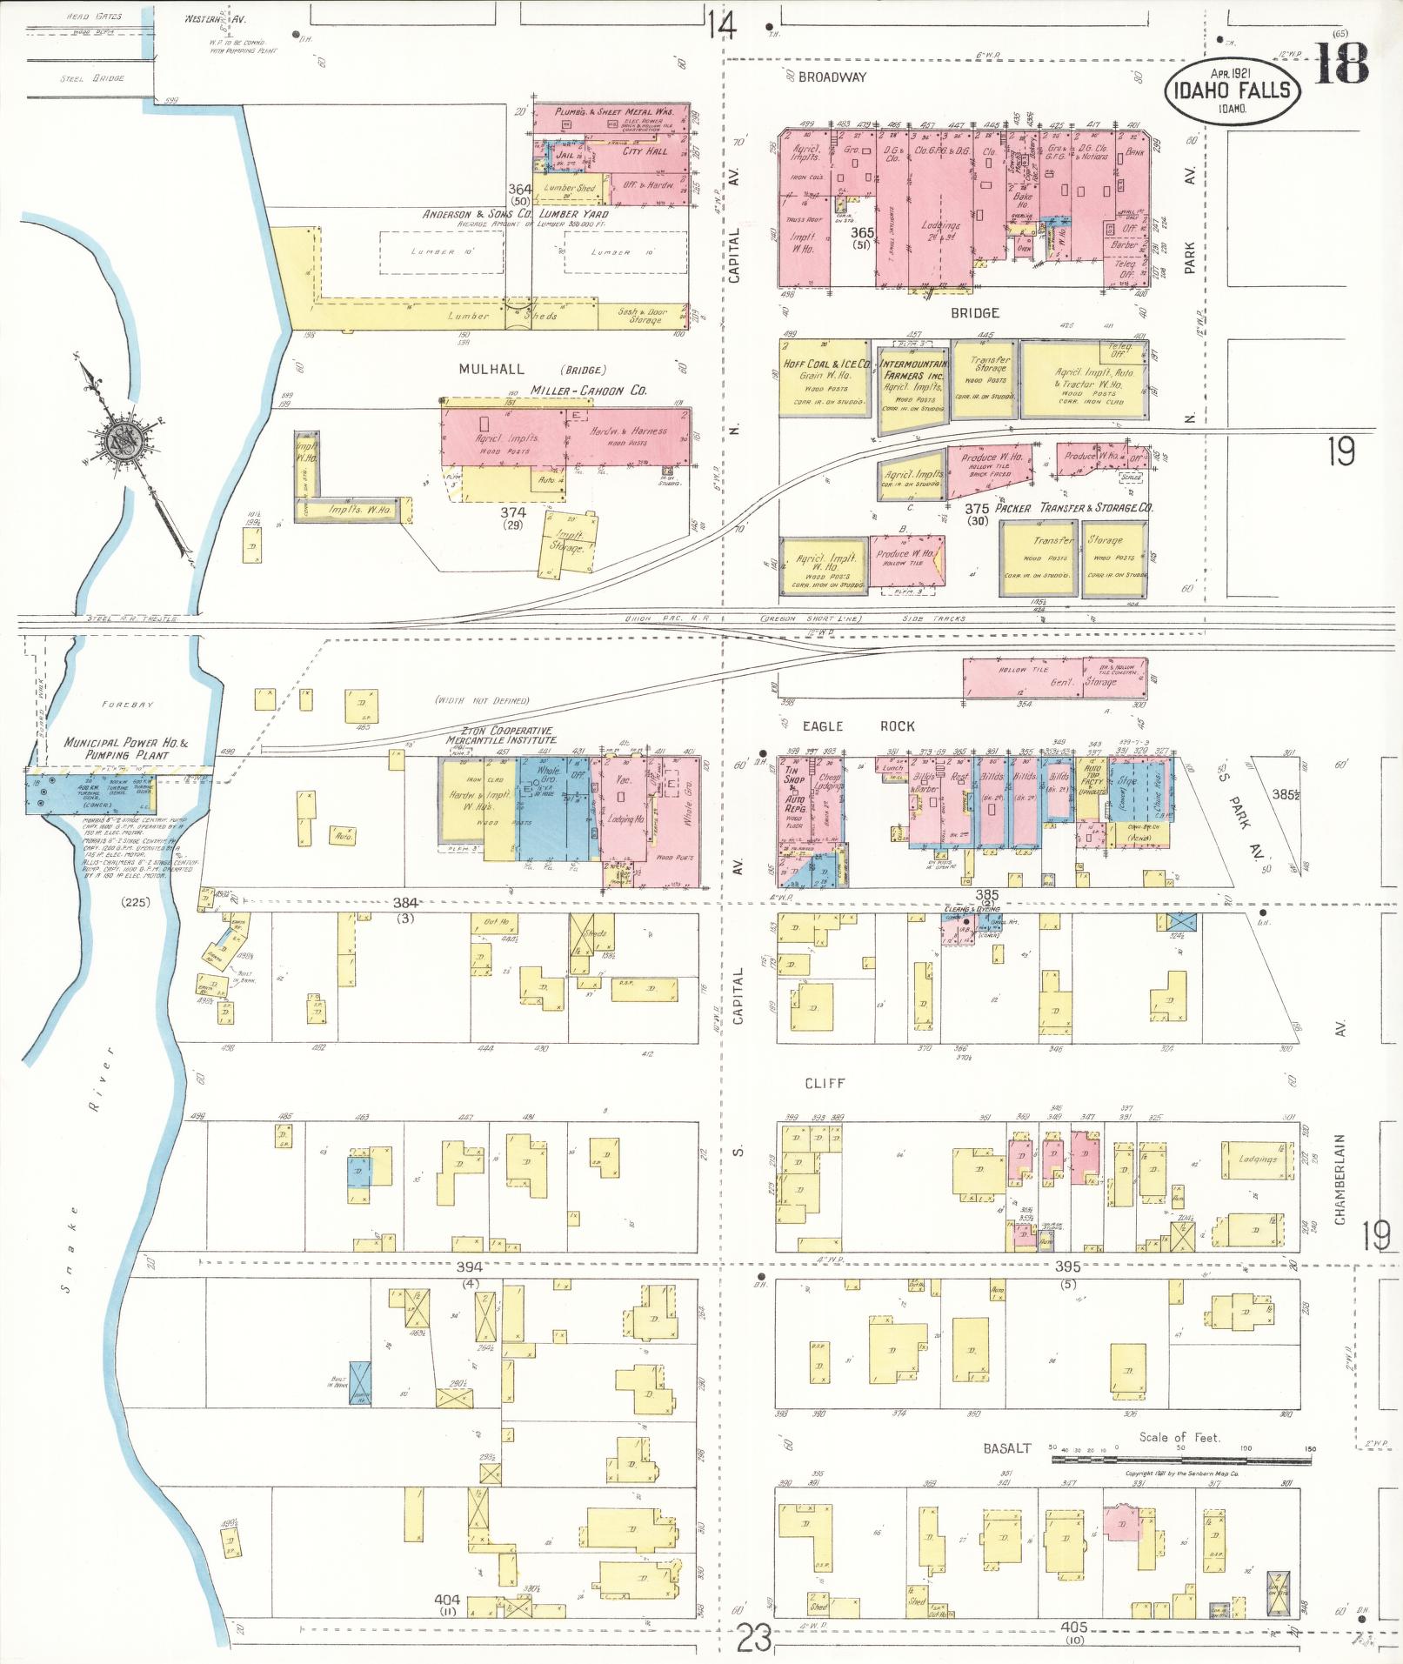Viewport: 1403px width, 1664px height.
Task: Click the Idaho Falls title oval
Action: pos(1233,90)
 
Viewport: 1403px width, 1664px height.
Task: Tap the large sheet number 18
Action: pos(1340,62)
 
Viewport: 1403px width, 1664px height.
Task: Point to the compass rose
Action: pos(122,442)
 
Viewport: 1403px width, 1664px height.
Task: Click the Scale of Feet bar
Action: pos(1181,1448)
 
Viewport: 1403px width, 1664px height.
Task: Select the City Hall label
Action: pos(645,151)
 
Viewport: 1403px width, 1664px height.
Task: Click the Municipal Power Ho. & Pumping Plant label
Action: pos(126,749)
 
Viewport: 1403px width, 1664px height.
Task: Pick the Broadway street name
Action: pos(832,77)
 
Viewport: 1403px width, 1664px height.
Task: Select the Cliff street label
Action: pos(825,1084)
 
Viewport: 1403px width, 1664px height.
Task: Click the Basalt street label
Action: pos(1006,1448)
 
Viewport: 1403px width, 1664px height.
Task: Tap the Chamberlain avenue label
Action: pos(1340,1179)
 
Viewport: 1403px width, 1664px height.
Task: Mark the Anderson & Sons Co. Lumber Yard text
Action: pos(516,214)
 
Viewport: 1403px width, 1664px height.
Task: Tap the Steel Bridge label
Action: pos(91,78)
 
